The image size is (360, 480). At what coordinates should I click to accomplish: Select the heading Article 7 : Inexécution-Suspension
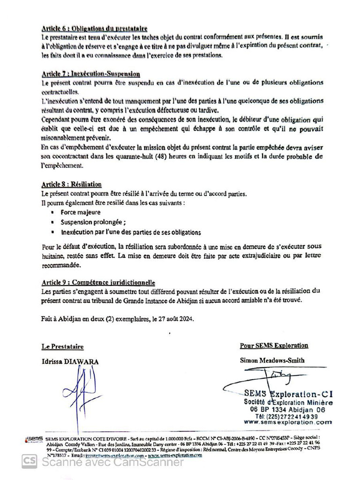[x=90, y=74]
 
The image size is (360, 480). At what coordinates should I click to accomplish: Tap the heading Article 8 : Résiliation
[x=71, y=185]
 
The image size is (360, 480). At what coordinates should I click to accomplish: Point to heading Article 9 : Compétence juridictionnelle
[x=98, y=283]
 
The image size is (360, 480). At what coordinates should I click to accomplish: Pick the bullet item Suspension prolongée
[x=93, y=222]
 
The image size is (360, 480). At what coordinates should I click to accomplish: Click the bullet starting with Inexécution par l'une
[x=131, y=232]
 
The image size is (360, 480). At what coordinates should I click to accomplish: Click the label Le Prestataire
[x=62, y=347]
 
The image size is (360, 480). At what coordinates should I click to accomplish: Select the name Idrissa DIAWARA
[x=70, y=361]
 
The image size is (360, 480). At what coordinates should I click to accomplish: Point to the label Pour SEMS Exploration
[x=274, y=346]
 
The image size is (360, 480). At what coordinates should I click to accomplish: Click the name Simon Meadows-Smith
[x=272, y=360]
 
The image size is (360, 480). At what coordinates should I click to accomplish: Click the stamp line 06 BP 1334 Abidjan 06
[x=287, y=409]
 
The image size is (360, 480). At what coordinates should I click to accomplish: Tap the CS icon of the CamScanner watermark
[x=29, y=462]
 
